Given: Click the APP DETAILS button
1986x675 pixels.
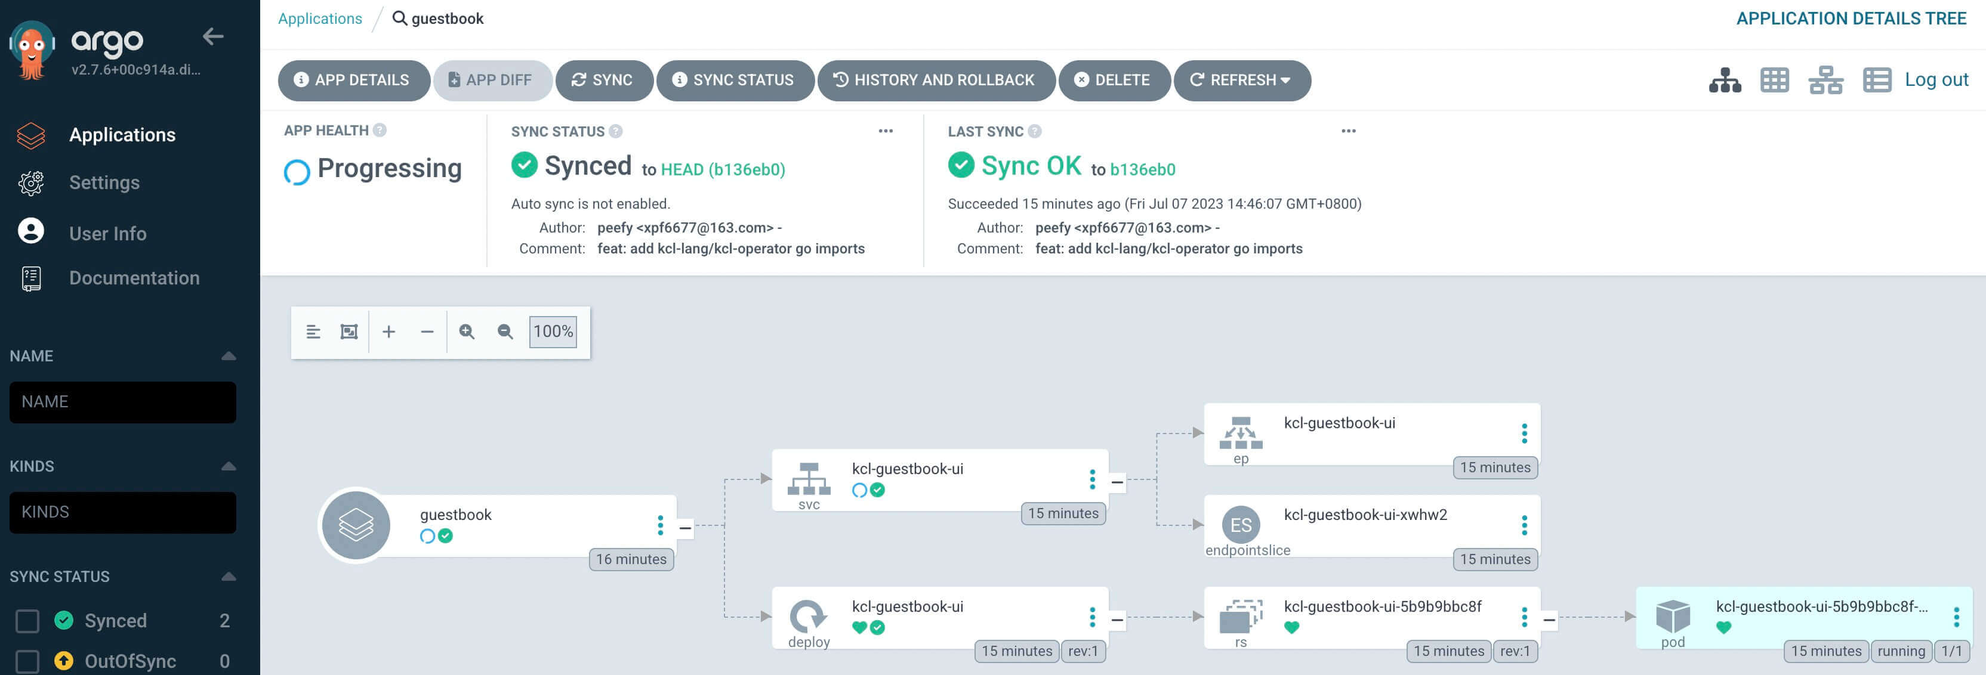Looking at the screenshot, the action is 354,80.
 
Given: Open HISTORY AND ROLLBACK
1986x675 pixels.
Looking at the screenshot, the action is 936,80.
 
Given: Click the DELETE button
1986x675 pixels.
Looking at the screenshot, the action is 1114,80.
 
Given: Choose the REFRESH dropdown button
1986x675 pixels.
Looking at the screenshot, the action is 1241,80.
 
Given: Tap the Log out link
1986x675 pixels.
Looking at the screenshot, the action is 1936,79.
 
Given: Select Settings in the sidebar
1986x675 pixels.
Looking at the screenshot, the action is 104,182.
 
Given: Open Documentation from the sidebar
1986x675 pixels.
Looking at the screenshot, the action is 134,278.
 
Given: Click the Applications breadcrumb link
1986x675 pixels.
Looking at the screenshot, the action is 320,18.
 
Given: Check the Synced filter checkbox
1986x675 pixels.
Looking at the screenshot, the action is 28,620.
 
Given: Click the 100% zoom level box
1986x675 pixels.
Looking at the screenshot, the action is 553,332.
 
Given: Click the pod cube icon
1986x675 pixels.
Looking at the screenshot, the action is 1672,615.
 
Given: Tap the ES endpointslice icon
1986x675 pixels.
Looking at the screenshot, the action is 1241,525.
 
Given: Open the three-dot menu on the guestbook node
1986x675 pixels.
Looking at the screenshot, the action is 660,525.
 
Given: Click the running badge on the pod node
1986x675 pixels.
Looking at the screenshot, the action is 1901,651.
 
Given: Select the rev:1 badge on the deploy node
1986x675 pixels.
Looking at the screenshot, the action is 1083,651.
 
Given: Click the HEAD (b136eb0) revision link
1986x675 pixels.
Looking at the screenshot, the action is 723,169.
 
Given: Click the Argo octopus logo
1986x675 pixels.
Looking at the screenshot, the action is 32,50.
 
